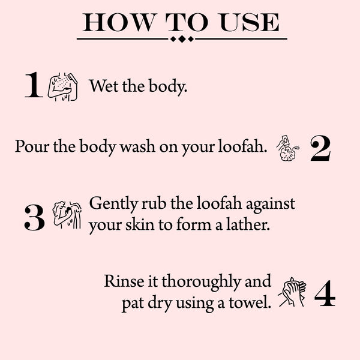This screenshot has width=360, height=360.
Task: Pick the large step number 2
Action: [x=320, y=150]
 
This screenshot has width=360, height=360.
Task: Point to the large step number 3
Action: [x=34, y=218]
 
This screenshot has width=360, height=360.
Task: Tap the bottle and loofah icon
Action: [x=287, y=149]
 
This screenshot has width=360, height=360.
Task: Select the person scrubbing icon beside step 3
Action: [x=66, y=214]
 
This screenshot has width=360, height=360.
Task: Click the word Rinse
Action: [x=122, y=281]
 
